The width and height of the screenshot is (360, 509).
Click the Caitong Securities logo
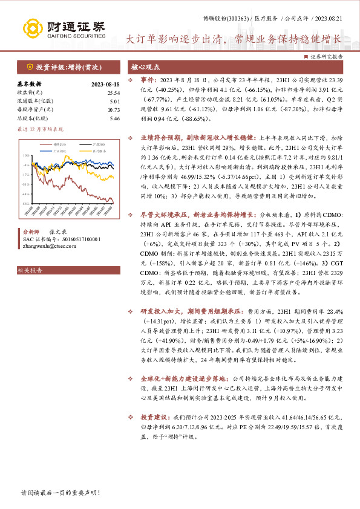(x=64, y=28)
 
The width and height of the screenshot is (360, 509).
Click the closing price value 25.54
(x=113, y=92)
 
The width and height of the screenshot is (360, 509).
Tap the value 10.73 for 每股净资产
(x=113, y=109)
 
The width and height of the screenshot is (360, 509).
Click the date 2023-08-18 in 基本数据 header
(x=105, y=84)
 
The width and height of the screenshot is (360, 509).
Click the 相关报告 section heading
(x=30, y=270)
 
